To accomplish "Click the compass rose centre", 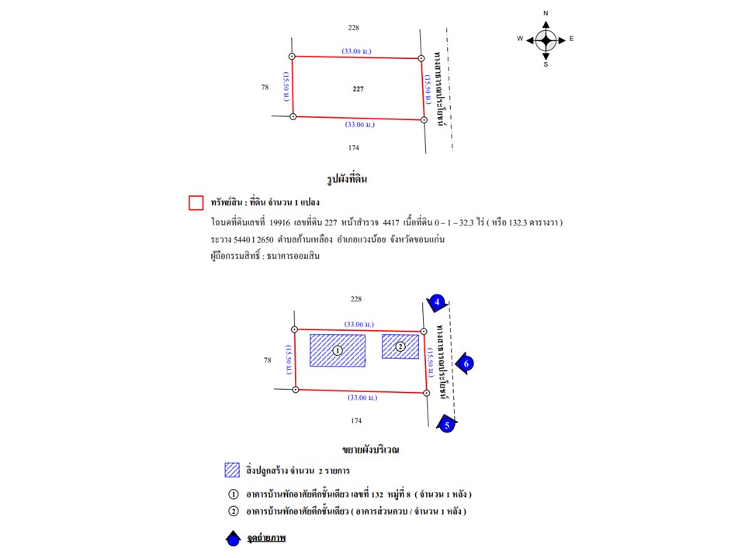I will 546,39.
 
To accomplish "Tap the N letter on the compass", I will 546,14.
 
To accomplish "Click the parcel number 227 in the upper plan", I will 358,89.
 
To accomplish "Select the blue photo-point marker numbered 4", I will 438,301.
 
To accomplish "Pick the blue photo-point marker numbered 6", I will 466,363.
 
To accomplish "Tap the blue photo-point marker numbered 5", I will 445,423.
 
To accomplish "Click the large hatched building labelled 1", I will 338,350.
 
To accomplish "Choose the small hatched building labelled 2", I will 400,346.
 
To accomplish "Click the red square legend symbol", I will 196,203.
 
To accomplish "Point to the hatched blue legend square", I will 231,470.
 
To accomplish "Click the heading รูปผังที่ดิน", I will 347,179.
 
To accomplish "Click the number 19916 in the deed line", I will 280,222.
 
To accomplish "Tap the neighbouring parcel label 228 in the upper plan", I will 354,28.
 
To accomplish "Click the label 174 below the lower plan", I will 356,421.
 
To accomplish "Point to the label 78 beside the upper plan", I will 265,87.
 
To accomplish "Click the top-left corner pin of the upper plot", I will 292,56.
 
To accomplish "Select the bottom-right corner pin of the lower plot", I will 427,393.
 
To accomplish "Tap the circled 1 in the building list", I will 232,494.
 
